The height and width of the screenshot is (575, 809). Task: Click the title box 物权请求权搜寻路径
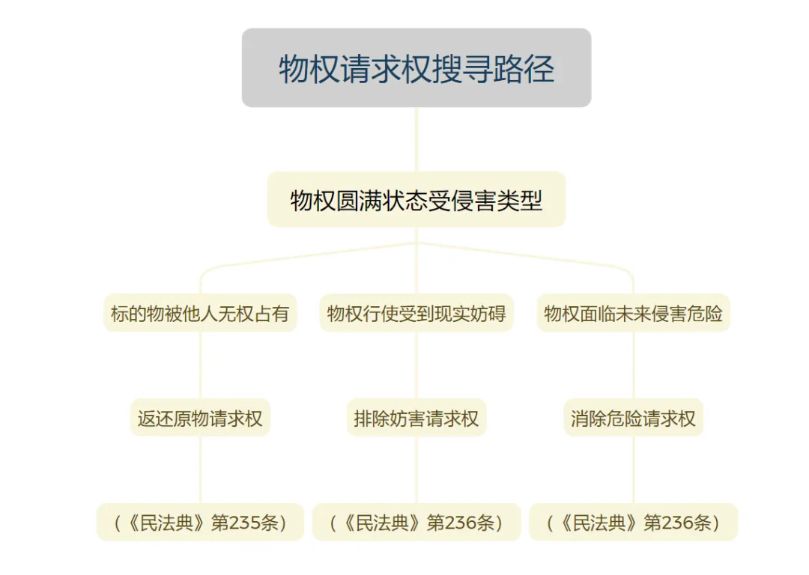click(416, 67)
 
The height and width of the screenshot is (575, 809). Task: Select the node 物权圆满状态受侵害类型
click(416, 200)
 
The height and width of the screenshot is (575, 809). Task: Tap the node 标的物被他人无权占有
click(200, 313)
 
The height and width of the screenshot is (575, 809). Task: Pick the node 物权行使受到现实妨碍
click(416, 313)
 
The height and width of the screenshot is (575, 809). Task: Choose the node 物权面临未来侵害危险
click(634, 313)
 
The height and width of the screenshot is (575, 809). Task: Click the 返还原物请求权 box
click(200, 418)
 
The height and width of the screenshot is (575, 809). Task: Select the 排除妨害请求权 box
click(416, 418)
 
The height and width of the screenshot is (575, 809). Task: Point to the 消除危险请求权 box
click(634, 418)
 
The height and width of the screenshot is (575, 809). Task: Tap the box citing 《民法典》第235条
click(200, 523)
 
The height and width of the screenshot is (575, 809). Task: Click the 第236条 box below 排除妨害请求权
click(416, 523)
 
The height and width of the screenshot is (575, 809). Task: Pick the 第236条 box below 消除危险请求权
click(634, 523)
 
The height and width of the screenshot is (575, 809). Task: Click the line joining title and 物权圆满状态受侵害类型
click(416, 139)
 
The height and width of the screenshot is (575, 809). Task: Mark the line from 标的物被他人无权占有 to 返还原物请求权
click(200, 365)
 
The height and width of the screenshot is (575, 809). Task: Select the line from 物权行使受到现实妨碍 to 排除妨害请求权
click(416, 365)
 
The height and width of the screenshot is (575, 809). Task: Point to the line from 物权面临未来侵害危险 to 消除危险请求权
click(634, 365)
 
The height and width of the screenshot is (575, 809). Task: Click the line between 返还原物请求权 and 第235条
click(200, 469)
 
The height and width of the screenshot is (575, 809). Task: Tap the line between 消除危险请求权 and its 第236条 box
click(634, 469)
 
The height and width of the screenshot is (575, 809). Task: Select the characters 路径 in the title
click(524, 69)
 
